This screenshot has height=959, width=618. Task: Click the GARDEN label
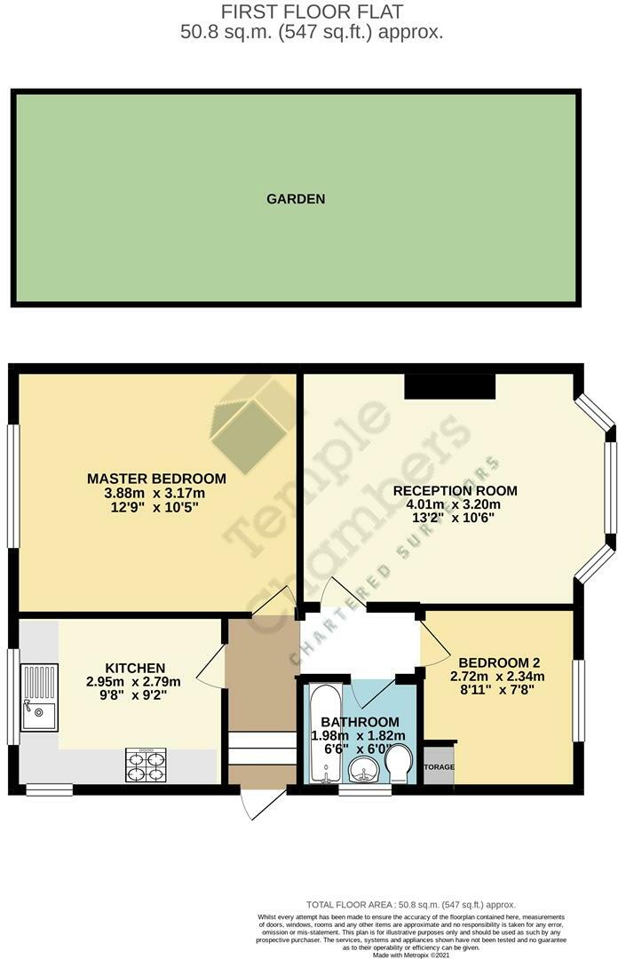click(x=296, y=199)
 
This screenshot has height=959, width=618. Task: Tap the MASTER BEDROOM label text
click(x=156, y=479)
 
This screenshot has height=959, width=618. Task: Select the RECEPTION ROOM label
click(x=455, y=491)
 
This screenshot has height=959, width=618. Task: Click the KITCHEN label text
click(x=135, y=668)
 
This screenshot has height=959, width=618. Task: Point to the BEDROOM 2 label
click(x=499, y=662)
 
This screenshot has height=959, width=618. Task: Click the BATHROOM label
click(x=360, y=722)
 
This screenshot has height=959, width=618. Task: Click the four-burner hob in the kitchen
click(x=147, y=765)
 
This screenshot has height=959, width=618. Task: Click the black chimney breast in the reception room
click(x=449, y=386)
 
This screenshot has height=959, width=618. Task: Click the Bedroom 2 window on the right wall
click(x=579, y=700)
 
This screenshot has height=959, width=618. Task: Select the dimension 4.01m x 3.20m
click(x=455, y=505)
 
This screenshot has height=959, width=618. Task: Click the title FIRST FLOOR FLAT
click(x=311, y=12)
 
